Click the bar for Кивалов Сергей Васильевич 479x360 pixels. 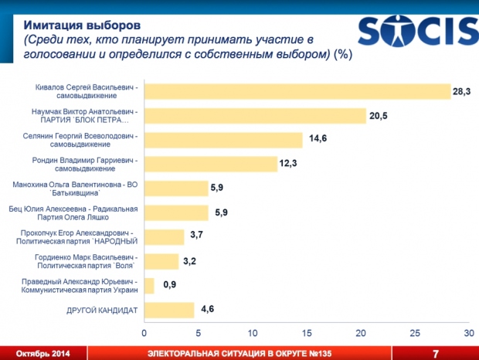click(x=297, y=91)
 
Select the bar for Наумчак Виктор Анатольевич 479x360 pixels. click(x=255, y=116)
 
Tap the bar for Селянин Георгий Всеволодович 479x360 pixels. click(x=223, y=140)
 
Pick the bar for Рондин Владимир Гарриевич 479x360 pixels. click(x=211, y=164)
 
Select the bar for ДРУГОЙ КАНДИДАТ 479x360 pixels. click(x=169, y=310)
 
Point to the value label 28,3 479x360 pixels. click(x=462, y=91)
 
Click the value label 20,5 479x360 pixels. click(x=378, y=116)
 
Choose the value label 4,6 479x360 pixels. click(x=207, y=310)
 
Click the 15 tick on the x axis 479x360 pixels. click(x=306, y=333)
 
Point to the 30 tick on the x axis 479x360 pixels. click(x=467, y=333)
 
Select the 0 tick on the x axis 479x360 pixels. click(x=144, y=333)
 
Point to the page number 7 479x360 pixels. click(x=435, y=353)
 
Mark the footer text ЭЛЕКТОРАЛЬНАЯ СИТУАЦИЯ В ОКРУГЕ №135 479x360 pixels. click(x=239, y=353)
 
